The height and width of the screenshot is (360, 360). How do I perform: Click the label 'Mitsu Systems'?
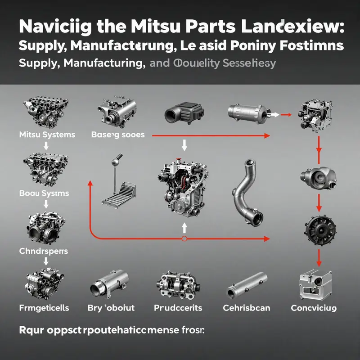tap(47, 134)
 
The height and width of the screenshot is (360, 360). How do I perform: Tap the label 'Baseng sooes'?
tap(118, 134)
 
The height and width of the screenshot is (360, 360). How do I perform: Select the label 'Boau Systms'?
tap(44, 193)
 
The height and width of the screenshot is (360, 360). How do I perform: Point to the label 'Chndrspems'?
tap(44, 251)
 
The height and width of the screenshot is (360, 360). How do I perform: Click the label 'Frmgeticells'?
tap(44, 308)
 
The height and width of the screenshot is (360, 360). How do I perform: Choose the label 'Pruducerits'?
tap(178, 308)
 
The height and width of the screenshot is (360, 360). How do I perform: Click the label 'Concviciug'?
tap(314, 308)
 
